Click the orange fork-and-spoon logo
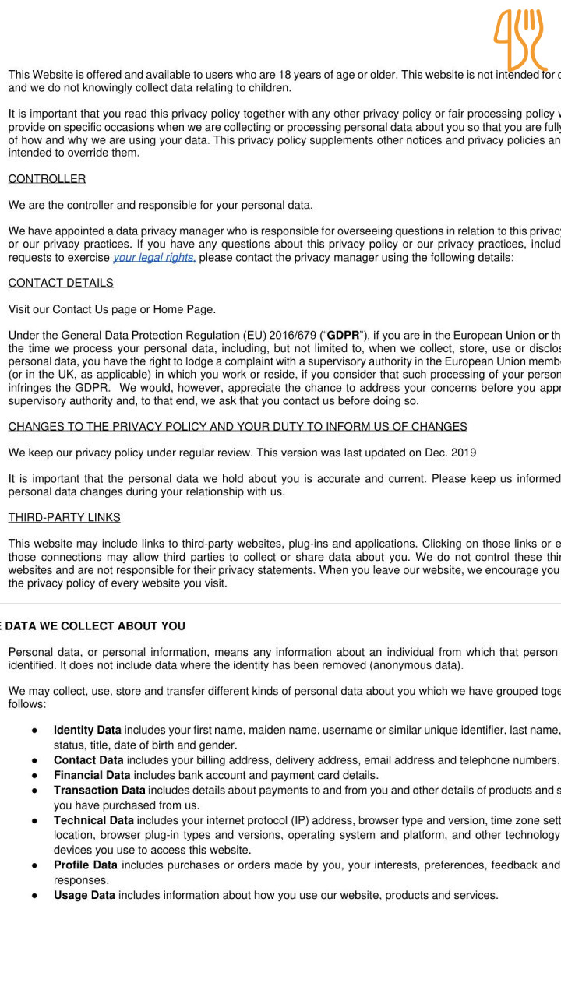(520, 39)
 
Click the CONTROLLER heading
(47, 179)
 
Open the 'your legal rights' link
(154, 258)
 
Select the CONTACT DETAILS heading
(61, 283)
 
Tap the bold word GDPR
(343, 336)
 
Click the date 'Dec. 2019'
(451, 453)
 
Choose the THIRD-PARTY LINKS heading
(64, 518)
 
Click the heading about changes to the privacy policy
(238, 427)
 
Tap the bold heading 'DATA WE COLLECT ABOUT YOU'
(93, 626)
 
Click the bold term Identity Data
(87, 731)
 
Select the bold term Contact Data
(88, 760)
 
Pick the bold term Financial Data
(92, 776)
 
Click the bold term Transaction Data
(99, 791)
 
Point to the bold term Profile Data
(86, 865)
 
